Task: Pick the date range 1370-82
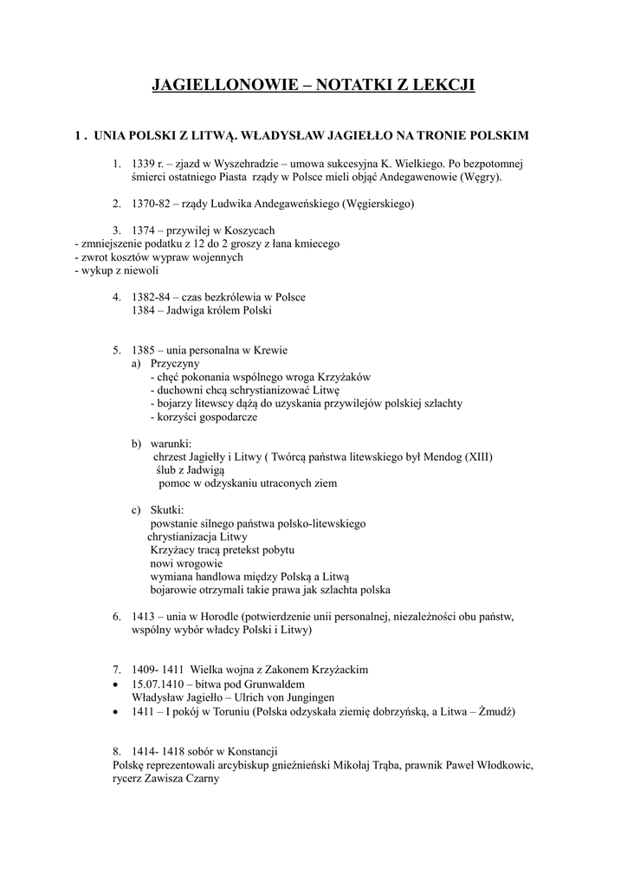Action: coord(150,204)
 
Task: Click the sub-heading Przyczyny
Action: coord(175,364)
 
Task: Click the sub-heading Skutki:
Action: coord(168,509)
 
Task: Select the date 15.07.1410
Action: coord(158,683)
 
